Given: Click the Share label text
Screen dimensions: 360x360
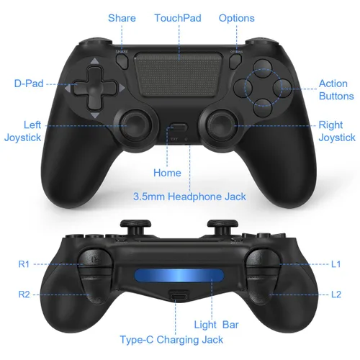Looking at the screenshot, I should point(122,17).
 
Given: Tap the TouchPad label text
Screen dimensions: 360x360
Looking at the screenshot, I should point(178,17).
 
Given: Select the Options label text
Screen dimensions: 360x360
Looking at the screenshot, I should point(236,17).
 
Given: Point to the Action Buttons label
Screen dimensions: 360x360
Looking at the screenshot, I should point(336,89).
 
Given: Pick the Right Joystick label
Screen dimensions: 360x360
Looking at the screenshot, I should point(336,130).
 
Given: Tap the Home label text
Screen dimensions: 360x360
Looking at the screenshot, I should point(167,173).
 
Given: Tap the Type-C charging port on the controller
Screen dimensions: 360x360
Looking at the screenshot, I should point(178,296).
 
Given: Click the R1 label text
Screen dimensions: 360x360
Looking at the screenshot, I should point(24,264).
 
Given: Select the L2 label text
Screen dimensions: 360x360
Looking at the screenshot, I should point(336,294).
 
